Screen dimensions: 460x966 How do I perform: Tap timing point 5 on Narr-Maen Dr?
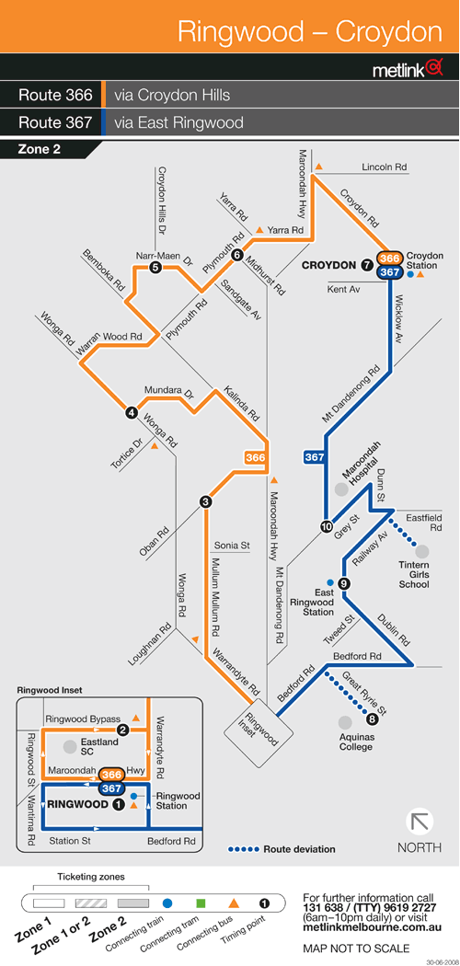coord(155,267)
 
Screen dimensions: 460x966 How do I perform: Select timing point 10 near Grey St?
coord(326,527)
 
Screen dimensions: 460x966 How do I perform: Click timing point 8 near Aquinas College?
coord(372,719)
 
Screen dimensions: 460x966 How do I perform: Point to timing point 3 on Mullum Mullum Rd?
coord(206,502)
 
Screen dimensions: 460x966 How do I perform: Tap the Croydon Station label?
coord(425,260)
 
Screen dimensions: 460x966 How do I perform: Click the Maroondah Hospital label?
coord(362,472)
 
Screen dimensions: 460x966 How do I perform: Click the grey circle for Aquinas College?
coord(346,721)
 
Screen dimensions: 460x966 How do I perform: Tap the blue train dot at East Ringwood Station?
coord(330,582)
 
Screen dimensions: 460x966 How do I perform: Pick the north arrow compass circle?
coord(420,822)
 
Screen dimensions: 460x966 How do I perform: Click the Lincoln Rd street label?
coord(385,167)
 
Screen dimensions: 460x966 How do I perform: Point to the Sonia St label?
coord(232,546)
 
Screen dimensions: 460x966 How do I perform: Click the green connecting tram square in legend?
coord(201,903)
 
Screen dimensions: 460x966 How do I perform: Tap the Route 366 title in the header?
coord(55,96)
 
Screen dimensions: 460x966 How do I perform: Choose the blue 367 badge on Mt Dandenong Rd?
coord(315,458)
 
